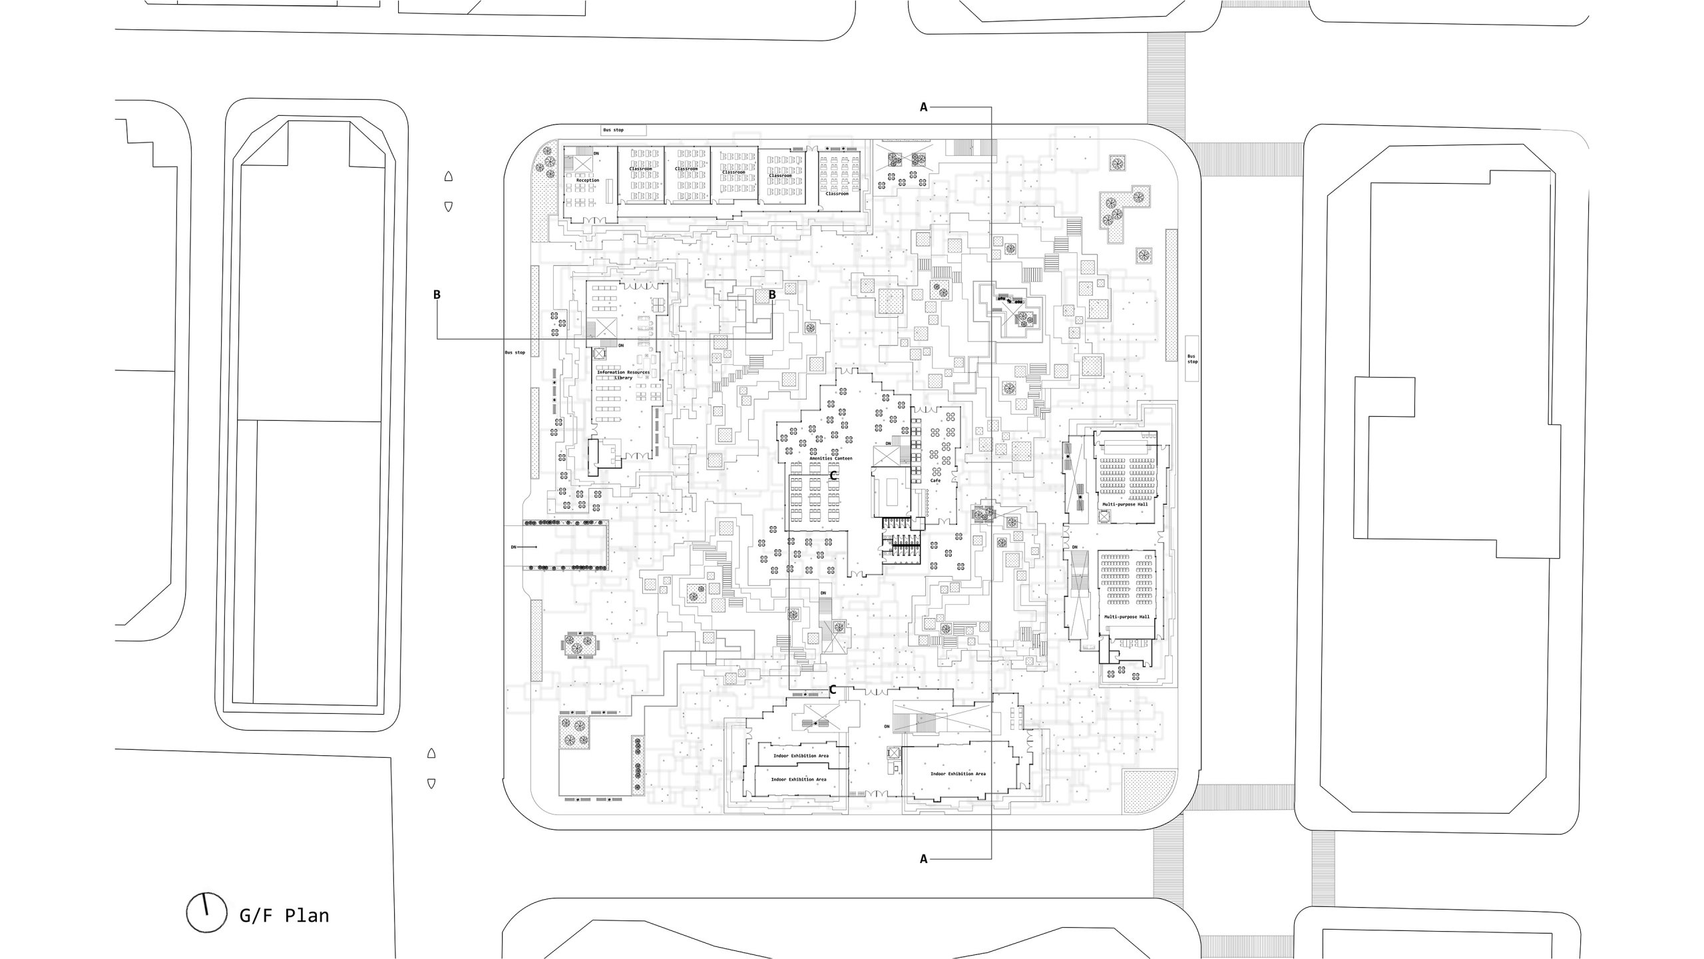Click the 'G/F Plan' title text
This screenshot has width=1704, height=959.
pyautogui.click(x=284, y=916)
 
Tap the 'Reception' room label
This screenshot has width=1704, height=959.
pyautogui.click(x=588, y=180)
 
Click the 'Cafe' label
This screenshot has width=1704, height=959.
pyautogui.click(x=935, y=480)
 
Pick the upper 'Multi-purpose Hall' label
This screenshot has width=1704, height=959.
pyautogui.click(x=1125, y=504)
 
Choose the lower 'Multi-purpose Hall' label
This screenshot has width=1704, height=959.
pyautogui.click(x=1127, y=617)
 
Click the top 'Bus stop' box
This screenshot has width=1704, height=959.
pyautogui.click(x=623, y=130)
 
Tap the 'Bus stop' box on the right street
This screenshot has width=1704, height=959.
pyautogui.click(x=1192, y=358)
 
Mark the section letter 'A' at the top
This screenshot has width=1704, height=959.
pyautogui.click(x=923, y=107)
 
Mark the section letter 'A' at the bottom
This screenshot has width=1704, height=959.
pyautogui.click(x=923, y=859)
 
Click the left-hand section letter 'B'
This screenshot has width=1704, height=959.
pyautogui.click(x=437, y=295)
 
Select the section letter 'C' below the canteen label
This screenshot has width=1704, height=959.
pyautogui.click(x=833, y=476)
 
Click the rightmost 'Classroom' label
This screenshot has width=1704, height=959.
pyautogui.click(x=837, y=194)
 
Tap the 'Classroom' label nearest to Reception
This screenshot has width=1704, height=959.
pyautogui.click(x=640, y=169)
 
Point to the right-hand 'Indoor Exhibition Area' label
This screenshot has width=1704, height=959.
pyautogui.click(x=958, y=774)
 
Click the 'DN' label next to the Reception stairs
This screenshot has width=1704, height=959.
pyautogui.click(x=596, y=154)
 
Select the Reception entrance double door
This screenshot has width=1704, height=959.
pyautogui.click(x=594, y=220)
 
